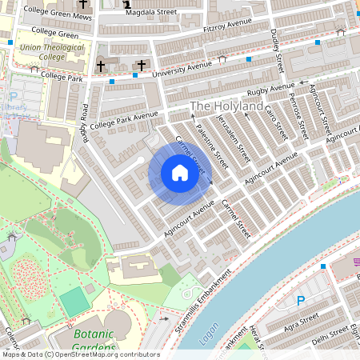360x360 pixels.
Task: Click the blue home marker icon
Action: click(x=180, y=173)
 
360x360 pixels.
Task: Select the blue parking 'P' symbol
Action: click(x=301, y=301)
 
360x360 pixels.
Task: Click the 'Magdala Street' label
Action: click(x=151, y=12)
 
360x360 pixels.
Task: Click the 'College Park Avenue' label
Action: click(x=124, y=121)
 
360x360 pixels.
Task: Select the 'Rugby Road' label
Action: click(x=84, y=120)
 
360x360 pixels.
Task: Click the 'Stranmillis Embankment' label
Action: click(x=200, y=295)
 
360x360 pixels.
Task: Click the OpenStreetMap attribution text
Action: click(x=81, y=354)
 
